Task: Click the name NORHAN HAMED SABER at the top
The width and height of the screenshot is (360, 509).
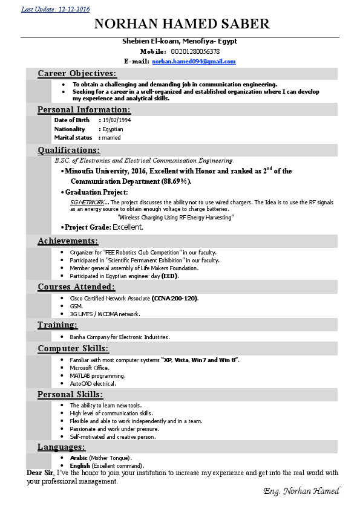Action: coord(182,24)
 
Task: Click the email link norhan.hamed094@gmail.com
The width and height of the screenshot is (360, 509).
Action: coord(194,62)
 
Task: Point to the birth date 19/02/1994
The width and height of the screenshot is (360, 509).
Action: coord(116,120)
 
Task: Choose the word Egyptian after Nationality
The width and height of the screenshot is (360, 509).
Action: coord(113,129)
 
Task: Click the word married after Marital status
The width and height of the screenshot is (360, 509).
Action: coord(111,138)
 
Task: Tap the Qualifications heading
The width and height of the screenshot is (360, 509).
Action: coord(69,151)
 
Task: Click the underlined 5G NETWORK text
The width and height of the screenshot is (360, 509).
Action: coord(88,202)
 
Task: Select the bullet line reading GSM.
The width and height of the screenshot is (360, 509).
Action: coord(76,306)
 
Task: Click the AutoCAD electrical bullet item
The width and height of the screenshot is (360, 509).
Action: coord(93,384)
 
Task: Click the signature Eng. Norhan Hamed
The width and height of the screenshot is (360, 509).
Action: coord(301,491)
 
